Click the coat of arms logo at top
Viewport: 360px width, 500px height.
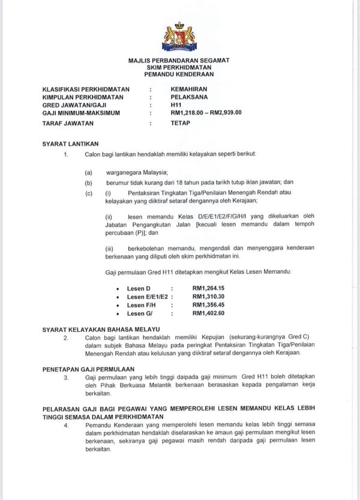pyautogui.click(x=179, y=37)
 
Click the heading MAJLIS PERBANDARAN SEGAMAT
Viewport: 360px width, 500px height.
pyautogui.click(x=179, y=61)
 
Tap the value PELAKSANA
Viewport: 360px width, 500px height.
pyautogui.click(x=188, y=96)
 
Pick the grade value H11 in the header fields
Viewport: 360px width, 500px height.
pyautogui.click(x=176, y=104)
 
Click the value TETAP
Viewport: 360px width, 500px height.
pyautogui.click(x=180, y=123)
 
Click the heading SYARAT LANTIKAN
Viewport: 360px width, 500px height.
pyautogui.click(x=70, y=144)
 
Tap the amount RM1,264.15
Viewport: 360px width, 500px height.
pyautogui.click(x=208, y=288)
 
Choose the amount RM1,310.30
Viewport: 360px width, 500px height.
pyautogui.click(x=208, y=297)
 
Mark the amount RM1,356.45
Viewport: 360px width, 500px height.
pyautogui.click(x=208, y=305)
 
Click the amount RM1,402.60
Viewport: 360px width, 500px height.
pyautogui.click(x=208, y=313)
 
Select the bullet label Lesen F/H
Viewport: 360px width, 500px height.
pyautogui.click(x=142, y=305)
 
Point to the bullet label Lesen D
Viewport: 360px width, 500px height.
pyautogui.click(x=139, y=288)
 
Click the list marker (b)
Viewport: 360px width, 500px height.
pyautogui.click(x=88, y=182)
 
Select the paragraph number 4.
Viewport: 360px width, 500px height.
pyautogui.click(x=66, y=425)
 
